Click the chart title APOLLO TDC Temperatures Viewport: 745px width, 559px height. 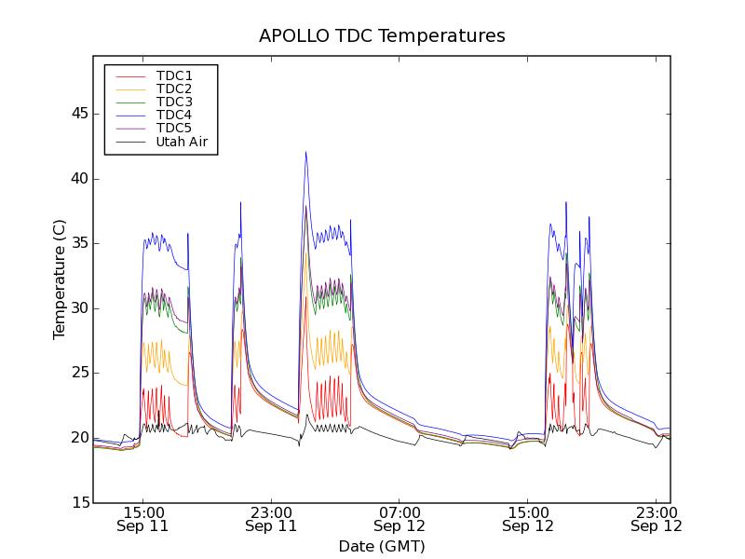coord(382,36)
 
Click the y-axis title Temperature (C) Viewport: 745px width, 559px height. coord(60,279)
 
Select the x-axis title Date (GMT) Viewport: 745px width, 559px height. coord(382,546)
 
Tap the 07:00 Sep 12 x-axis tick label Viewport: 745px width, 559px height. coord(400,519)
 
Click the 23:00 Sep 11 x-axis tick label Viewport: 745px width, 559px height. coord(271,519)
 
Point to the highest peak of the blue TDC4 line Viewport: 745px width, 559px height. coord(305,152)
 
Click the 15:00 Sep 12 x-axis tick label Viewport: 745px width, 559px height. coord(528,519)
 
